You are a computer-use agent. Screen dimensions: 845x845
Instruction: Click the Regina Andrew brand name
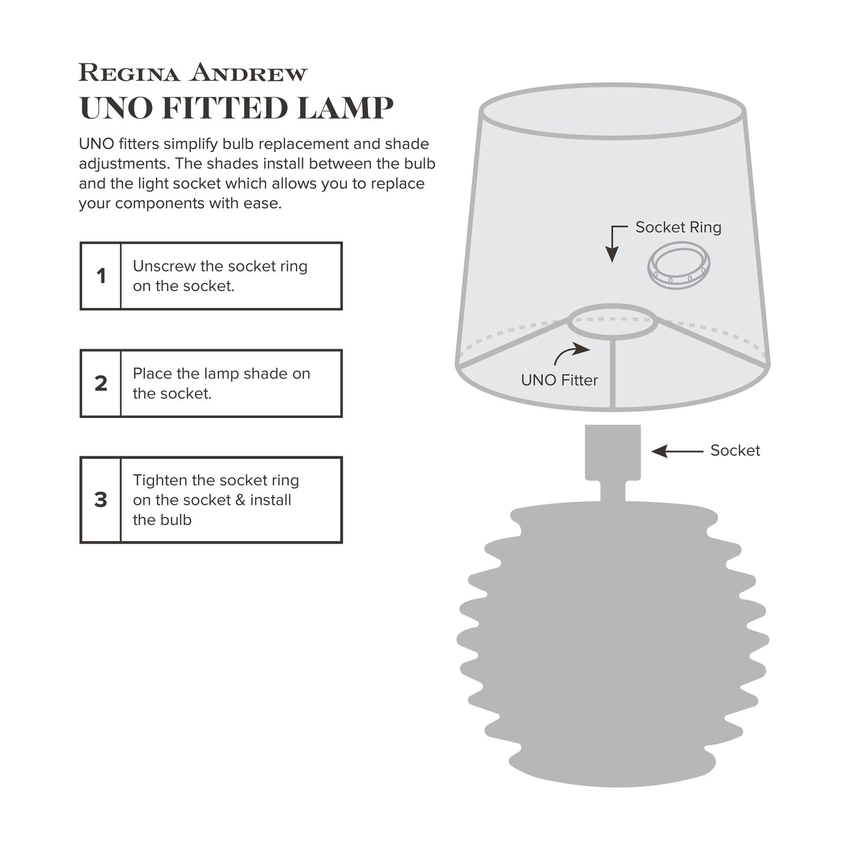point(193,73)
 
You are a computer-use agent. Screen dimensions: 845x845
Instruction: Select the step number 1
point(101,276)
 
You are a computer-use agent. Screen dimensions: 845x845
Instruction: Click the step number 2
point(101,383)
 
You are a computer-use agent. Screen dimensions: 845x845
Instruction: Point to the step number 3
point(101,500)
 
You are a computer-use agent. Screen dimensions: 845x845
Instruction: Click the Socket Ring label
point(678,227)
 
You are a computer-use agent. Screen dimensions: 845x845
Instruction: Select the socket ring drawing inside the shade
point(679,266)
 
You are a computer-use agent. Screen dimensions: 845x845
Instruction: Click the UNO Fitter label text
point(559,380)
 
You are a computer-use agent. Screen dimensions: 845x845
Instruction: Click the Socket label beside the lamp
point(735,450)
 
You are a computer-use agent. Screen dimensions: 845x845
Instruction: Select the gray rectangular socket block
point(613,452)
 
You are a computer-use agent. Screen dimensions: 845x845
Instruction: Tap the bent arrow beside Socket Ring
point(614,242)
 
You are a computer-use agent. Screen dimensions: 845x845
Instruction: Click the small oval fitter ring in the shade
point(613,321)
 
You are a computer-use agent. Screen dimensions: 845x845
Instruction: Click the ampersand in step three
point(240,500)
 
